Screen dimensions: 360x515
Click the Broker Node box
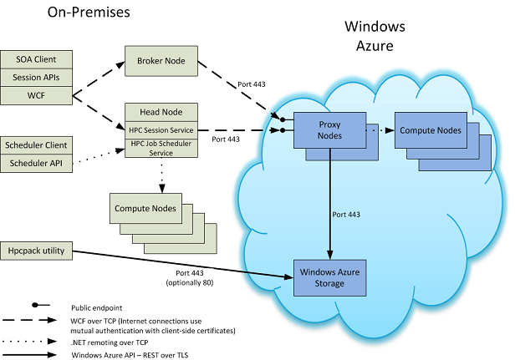click(x=160, y=61)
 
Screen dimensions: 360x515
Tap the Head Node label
click(x=160, y=112)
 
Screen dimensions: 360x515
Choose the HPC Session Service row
click(x=160, y=129)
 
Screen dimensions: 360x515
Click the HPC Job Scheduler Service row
click(x=160, y=149)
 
